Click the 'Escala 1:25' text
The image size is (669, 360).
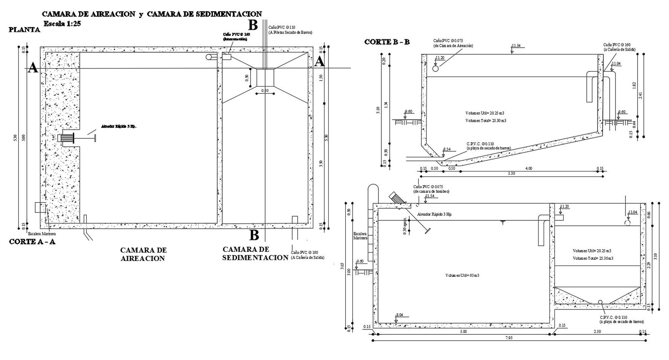point(62,24)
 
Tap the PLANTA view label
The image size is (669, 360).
point(24,30)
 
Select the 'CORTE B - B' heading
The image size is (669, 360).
point(387,42)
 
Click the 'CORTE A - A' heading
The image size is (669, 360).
point(32,242)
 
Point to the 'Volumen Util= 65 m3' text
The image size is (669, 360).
point(462,276)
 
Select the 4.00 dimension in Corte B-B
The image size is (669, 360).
point(529,169)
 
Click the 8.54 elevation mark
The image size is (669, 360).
point(447,149)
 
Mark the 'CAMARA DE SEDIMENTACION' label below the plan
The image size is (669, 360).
point(255,253)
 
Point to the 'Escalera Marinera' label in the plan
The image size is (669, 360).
point(41,234)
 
